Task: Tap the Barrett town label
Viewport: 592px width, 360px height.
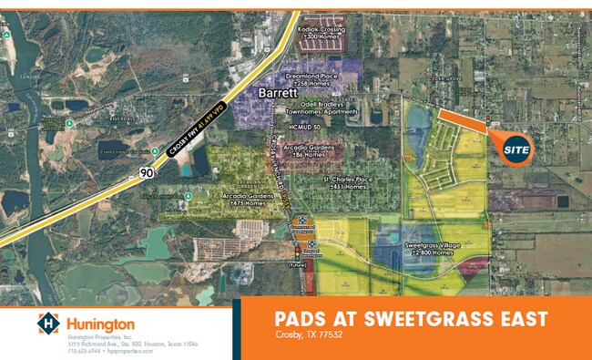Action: [x=279, y=93]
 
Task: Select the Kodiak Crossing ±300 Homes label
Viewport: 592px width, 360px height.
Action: [x=321, y=34]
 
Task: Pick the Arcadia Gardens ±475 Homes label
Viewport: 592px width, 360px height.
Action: [x=246, y=199]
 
